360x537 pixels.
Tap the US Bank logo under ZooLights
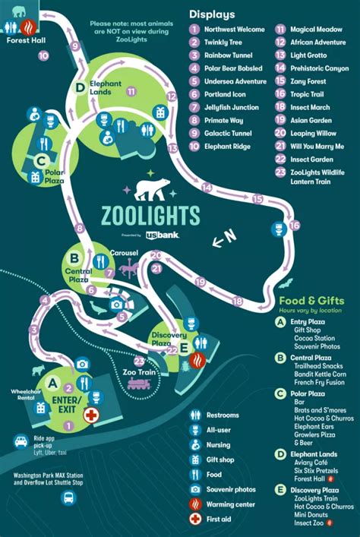click(x=169, y=236)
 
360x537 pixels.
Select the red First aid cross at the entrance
click(x=91, y=415)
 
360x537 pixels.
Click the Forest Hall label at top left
click(x=21, y=41)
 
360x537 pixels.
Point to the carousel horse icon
click(x=130, y=267)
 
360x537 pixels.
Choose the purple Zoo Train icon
click(x=139, y=384)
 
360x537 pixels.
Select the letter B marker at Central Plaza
click(x=74, y=256)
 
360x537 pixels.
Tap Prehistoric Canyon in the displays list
click(x=319, y=68)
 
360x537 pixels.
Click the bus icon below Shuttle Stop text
click(x=69, y=498)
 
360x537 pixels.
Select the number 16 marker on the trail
click(x=295, y=226)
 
